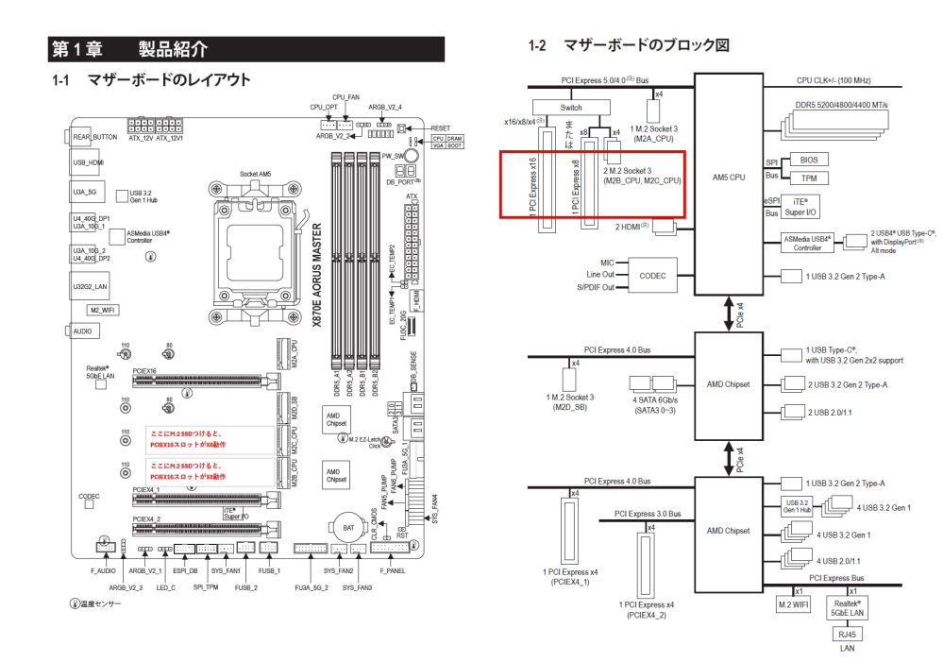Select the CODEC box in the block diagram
pos(652,275)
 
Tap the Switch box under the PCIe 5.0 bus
pos(571,108)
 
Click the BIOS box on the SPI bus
pos(809,161)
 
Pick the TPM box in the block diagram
pos(809,178)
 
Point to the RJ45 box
pos(847,634)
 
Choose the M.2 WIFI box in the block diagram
pos(795,603)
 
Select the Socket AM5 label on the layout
pos(255,174)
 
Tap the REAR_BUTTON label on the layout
pos(95,137)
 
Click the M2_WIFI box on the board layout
pos(101,310)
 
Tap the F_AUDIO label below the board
pos(102,571)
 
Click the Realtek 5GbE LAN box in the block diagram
pos(847,605)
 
